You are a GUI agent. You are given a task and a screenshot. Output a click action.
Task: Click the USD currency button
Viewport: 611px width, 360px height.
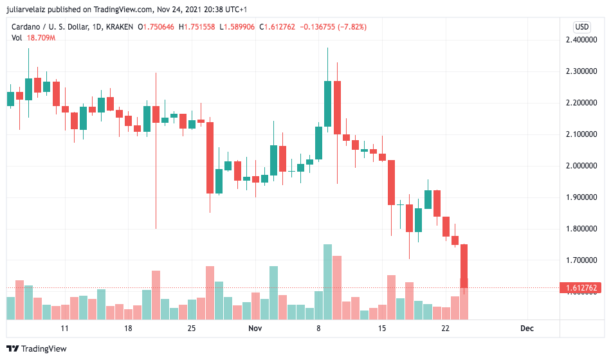581,27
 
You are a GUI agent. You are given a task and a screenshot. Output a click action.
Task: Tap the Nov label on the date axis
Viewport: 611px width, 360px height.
255,328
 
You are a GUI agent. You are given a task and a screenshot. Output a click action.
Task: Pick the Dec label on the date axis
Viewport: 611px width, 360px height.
527,328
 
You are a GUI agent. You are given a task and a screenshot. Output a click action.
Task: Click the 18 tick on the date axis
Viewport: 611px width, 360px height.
128,328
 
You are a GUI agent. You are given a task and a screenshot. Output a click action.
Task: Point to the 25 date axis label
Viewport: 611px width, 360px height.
192,328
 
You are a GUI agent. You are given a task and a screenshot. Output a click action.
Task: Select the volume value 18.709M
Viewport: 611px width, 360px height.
41,38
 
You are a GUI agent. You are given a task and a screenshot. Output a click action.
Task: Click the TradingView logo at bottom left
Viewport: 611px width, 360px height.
39,349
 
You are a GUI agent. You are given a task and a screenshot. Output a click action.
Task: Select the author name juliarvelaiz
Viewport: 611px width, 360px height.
33,10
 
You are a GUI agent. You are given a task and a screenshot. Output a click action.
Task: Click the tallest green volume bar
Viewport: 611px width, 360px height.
327,282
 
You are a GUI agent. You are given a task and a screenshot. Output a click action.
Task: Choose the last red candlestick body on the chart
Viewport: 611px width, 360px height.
464,265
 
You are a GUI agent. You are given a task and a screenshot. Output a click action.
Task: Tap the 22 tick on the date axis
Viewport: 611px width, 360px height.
445,328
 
